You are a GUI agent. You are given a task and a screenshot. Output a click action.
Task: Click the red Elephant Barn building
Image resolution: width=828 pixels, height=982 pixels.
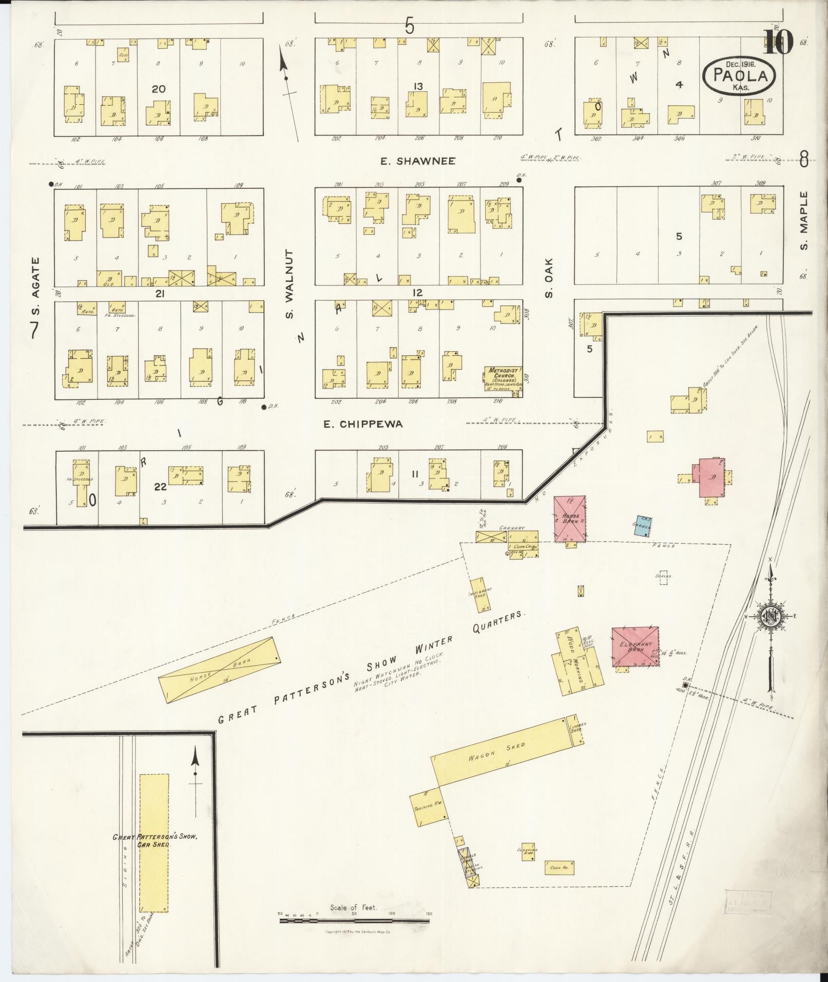(x=635, y=646)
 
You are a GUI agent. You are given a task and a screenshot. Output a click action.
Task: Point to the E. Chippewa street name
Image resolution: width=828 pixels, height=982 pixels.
(x=362, y=424)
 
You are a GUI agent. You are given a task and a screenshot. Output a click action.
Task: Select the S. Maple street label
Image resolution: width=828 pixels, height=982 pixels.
(x=804, y=221)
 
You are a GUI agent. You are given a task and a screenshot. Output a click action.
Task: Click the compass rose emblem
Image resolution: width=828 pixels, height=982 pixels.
(x=772, y=617)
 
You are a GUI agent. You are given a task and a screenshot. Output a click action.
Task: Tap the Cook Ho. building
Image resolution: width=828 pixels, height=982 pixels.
(x=559, y=867)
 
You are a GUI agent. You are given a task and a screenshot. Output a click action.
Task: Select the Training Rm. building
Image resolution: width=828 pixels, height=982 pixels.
(x=429, y=807)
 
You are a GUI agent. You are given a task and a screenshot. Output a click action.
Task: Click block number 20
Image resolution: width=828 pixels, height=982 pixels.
(x=158, y=89)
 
